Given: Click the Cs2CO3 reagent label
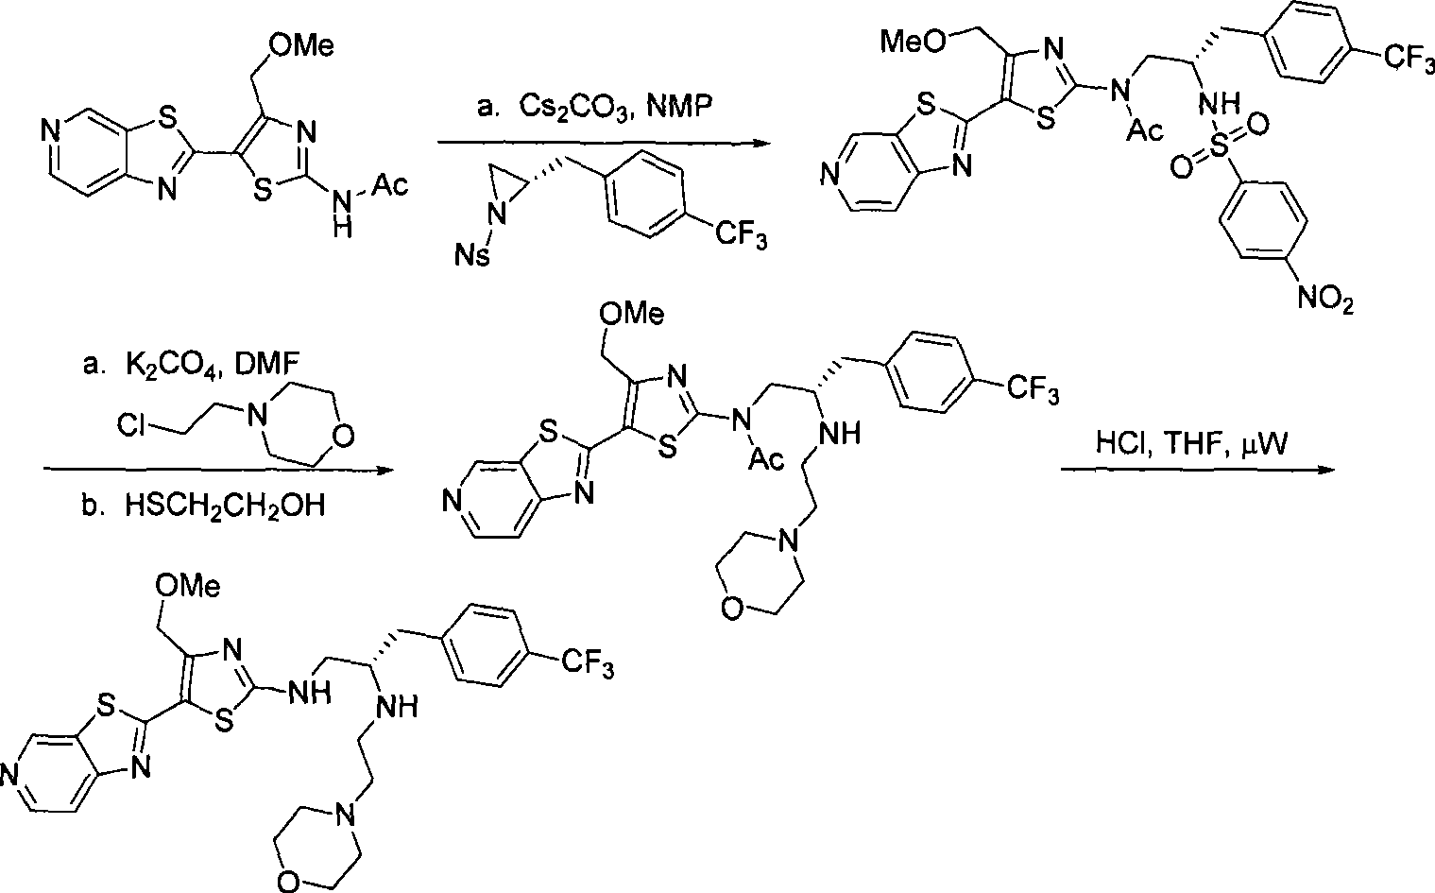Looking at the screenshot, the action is coord(574,108).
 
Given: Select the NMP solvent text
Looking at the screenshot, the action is coord(679,107).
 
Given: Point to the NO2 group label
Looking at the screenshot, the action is coord(1325,298).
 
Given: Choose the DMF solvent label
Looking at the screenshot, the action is coord(266,365).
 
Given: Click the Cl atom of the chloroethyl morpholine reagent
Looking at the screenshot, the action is coord(130,424).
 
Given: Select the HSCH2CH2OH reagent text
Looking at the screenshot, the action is coord(225,507).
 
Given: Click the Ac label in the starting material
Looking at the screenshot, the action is coord(389,185).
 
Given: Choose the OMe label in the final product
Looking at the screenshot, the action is coord(188,586).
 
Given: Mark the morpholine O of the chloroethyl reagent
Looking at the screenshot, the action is coord(343,436).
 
